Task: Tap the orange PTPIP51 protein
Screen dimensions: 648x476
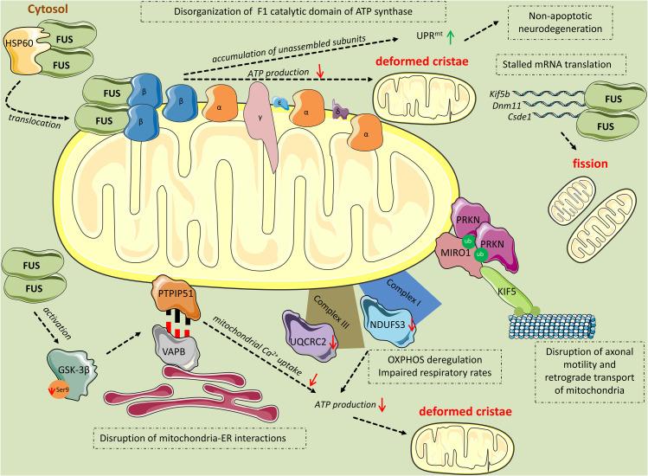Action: point(176,297)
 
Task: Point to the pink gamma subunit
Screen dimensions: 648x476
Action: point(260,124)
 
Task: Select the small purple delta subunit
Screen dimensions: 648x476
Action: point(340,110)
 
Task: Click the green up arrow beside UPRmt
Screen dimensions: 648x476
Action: point(451,37)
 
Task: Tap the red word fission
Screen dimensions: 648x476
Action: point(590,164)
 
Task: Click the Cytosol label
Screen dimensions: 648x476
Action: point(48,9)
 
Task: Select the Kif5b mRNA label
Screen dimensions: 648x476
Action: point(499,93)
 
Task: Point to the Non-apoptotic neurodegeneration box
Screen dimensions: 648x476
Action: point(560,23)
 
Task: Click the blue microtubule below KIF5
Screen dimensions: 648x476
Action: point(552,325)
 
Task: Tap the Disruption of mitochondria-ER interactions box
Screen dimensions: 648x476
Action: point(200,438)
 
